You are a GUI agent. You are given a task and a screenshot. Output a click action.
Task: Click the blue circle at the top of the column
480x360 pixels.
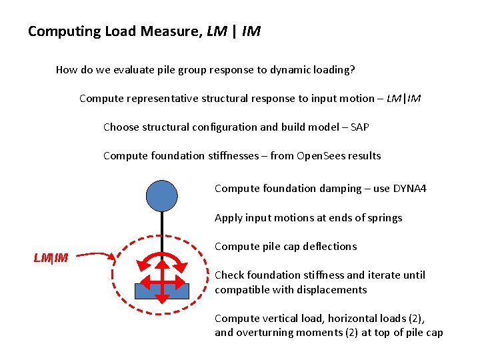(x=162, y=195)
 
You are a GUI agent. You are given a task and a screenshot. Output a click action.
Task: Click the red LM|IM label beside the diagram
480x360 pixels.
(x=51, y=257)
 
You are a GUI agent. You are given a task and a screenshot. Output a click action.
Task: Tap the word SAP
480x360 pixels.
(x=359, y=127)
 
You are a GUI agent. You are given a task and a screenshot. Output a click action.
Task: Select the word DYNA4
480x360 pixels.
(x=409, y=188)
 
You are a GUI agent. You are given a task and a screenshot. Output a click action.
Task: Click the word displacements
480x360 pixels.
(x=332, y=289)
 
